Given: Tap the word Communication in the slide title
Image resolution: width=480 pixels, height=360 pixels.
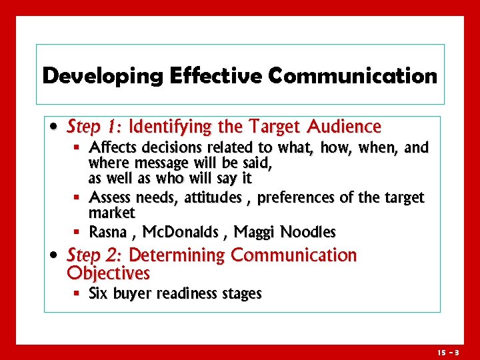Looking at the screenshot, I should [x=353, y=76].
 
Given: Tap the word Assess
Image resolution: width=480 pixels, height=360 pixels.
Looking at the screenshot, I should [x=110, y=198].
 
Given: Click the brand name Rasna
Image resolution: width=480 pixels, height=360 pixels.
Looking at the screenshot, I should [x=108, y=232].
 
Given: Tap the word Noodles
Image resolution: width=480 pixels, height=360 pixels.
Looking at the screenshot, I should [x=308, y=232].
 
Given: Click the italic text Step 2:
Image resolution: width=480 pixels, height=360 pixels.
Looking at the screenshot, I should [x=96, y=255].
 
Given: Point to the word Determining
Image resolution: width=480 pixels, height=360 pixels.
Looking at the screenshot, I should [x=177, y=255].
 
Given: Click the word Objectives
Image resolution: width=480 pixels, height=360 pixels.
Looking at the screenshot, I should [x=109, y=273].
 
